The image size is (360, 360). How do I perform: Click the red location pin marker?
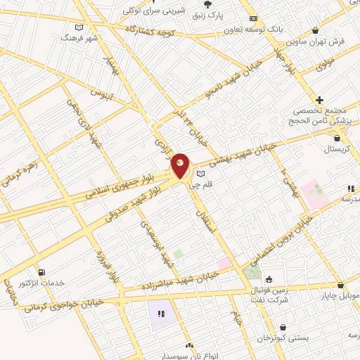click(x=181, y=166)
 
